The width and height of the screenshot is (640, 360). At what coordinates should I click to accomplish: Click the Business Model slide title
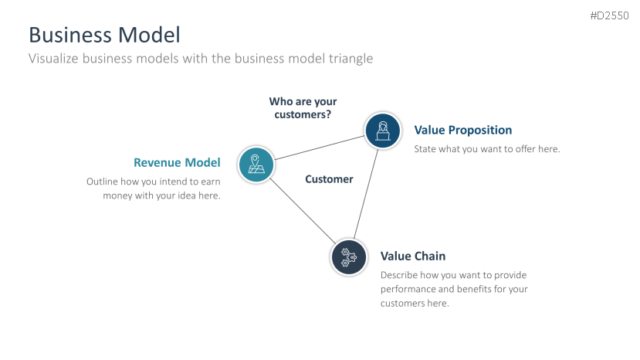point(104,35)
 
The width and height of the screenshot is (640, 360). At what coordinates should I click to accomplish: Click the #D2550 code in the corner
point(610,15)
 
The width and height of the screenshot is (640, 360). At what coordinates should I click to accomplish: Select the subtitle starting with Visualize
point(201,59)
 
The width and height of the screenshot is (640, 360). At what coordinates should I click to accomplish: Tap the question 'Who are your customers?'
point(303,107)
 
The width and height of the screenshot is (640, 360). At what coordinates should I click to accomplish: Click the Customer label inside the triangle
point(329,179)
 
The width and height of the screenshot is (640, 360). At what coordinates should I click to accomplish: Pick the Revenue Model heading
point(177,162)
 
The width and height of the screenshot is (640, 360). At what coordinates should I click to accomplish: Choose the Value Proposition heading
point(463,130)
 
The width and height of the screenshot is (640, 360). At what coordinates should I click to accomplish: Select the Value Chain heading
point(413,256)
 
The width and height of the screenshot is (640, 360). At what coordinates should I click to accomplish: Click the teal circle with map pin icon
point(256,164)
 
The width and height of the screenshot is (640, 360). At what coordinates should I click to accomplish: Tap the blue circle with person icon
point(382,131)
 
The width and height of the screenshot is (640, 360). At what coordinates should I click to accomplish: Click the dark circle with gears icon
point(349,256)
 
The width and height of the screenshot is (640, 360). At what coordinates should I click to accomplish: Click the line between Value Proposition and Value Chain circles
point(366,193)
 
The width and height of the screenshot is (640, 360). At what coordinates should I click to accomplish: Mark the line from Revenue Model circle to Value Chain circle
point(303,210)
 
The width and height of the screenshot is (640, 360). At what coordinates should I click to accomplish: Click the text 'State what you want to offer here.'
point(487,149)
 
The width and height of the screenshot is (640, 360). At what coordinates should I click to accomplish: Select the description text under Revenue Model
point(154,188)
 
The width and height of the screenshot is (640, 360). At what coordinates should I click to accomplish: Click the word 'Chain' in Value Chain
point(430,256)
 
